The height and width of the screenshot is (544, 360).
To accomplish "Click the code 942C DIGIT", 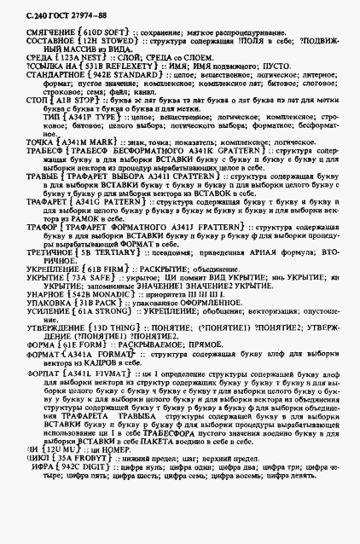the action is pos(84,513).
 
